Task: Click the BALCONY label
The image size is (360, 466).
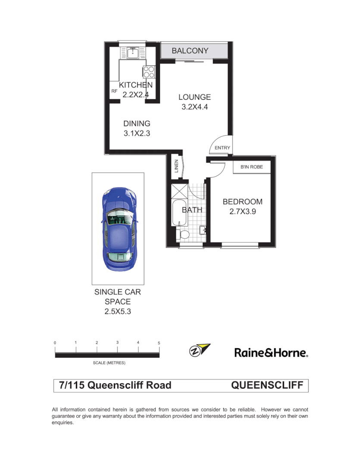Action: pos(190,50)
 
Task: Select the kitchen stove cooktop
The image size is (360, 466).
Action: pos(149,72)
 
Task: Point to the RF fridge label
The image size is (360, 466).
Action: pos(114,91)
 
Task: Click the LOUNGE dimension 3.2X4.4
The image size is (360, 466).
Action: pos(195,107)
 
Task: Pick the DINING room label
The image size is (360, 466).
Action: pos(137,123)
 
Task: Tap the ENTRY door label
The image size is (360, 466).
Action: pos(222,148)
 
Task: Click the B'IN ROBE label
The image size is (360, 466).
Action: pos(251,167)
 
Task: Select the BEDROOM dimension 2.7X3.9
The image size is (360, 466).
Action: pos(242,211)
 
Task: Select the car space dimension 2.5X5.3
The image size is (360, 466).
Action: pos(117,311)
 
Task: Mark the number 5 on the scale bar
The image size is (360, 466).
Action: pos(159,343)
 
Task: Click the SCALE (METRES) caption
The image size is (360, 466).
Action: pos(109,363)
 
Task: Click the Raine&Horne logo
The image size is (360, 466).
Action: pos(271,353)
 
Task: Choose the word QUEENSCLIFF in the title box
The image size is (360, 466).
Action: pos(267,385)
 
